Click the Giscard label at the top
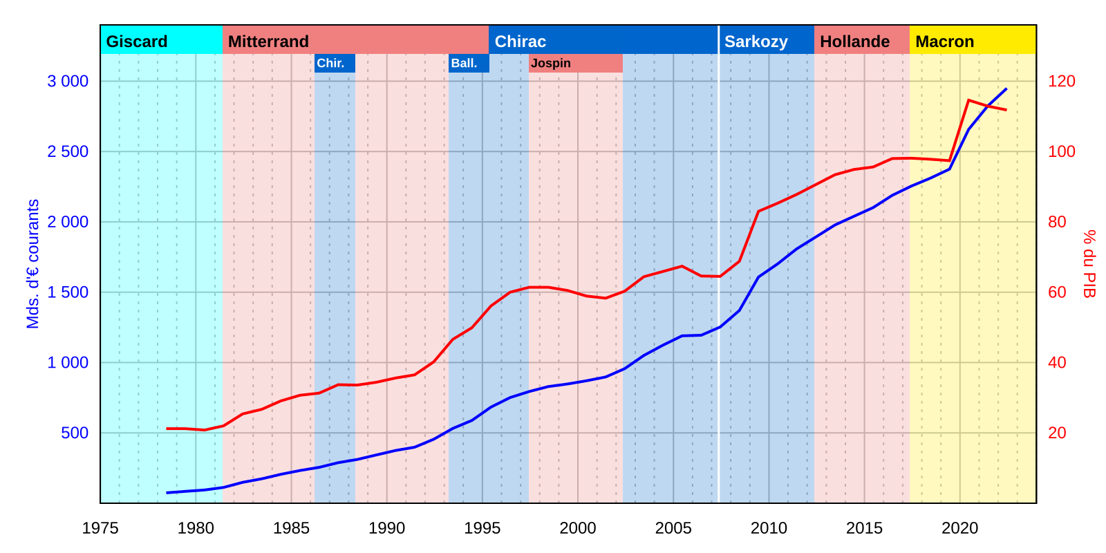137,41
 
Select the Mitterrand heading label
268,41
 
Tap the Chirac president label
521,41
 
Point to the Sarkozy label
756,41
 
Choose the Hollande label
854,41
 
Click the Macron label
944,41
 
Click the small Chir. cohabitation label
330,63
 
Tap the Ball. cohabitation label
464,63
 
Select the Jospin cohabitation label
551,63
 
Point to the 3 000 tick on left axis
68,82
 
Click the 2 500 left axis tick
68,151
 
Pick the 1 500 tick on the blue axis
68,292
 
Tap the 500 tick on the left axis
75,433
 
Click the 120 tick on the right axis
1062,82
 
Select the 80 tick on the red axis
1057,222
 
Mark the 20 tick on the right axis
1057,433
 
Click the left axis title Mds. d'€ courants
32,263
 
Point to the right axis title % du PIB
1089,263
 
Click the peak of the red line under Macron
968,100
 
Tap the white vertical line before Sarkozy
719,276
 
